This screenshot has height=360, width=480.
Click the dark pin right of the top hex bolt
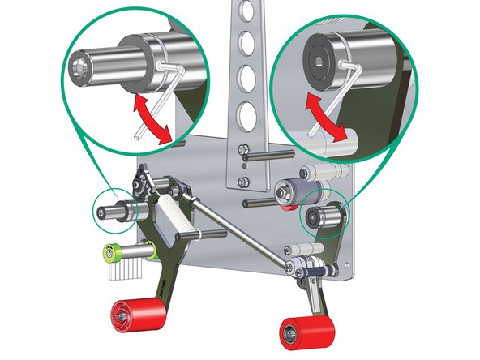(268, 155)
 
